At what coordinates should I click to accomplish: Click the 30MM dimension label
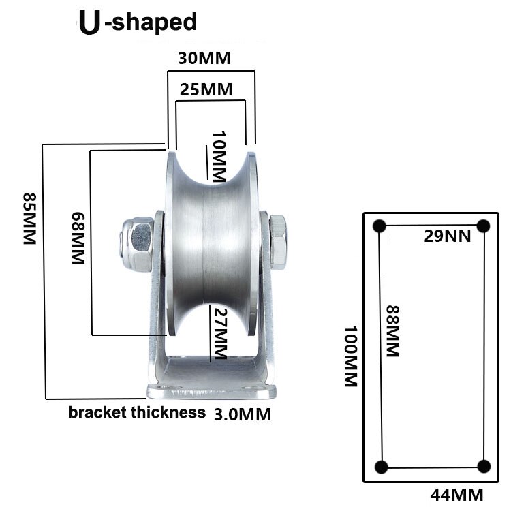pos(204,59)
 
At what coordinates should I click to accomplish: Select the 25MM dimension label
pos(207,89)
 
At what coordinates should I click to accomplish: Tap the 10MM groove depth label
pos(217,156)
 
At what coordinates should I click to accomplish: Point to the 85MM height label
pos(29,219)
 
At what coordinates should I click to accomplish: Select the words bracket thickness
pos(137,412)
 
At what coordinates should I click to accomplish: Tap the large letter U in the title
pos(89,22)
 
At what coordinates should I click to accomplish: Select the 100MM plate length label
pos(350,356)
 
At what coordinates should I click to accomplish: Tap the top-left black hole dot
pos(380,226)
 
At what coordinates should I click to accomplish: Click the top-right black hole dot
pos(484,226)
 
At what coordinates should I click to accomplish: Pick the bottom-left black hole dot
pos(381,466)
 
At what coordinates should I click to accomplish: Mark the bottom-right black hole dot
pos(484,466)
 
